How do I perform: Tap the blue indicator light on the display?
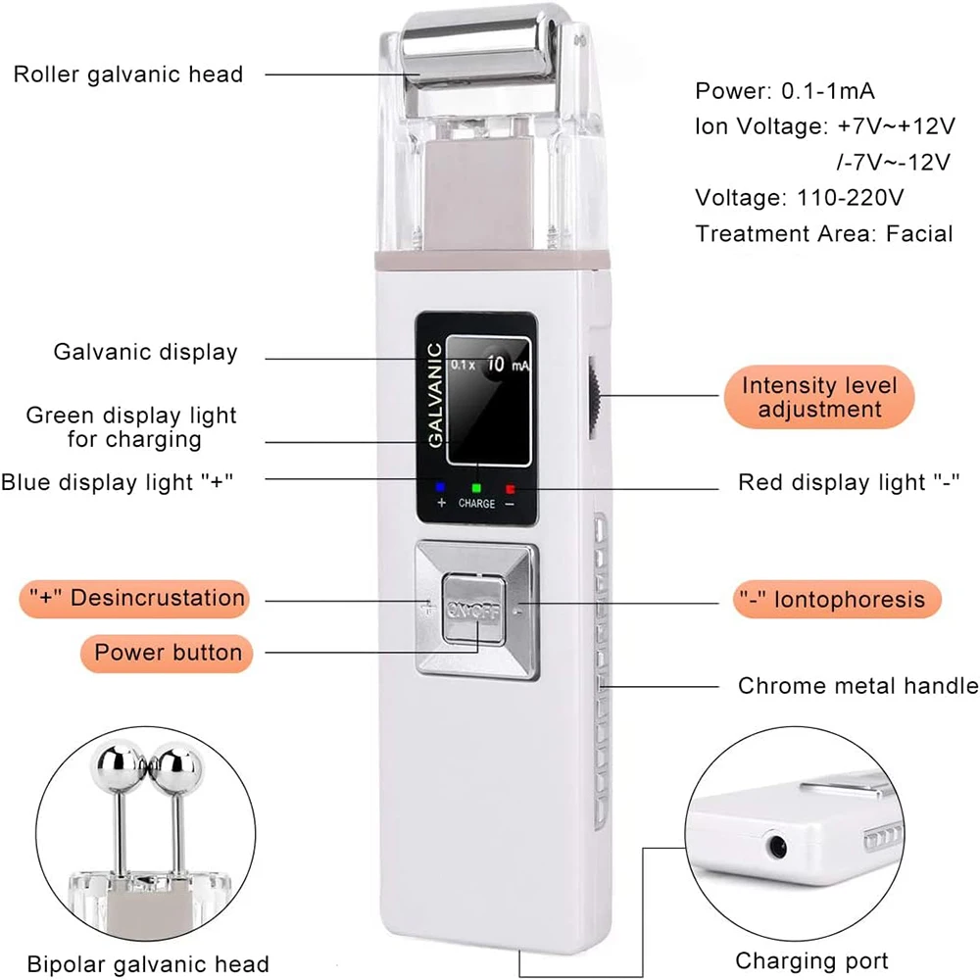(440, 485)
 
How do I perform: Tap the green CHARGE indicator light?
(476, 485)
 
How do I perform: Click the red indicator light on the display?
(510, 485)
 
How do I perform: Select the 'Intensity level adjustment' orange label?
(818, 397)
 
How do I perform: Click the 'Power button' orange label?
(168, 652)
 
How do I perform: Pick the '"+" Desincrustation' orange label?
(135, 597)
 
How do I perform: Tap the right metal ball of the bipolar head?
(178, 764)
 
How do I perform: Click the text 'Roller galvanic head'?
(128, 74)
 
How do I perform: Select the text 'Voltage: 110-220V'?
(799, 197)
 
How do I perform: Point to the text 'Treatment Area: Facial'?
(824, 233)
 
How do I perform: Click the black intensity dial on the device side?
(593, 397)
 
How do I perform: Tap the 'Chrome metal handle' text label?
(857, 686)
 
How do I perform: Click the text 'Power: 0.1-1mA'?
(785, 91)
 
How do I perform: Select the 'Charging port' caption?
(811, 960)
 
